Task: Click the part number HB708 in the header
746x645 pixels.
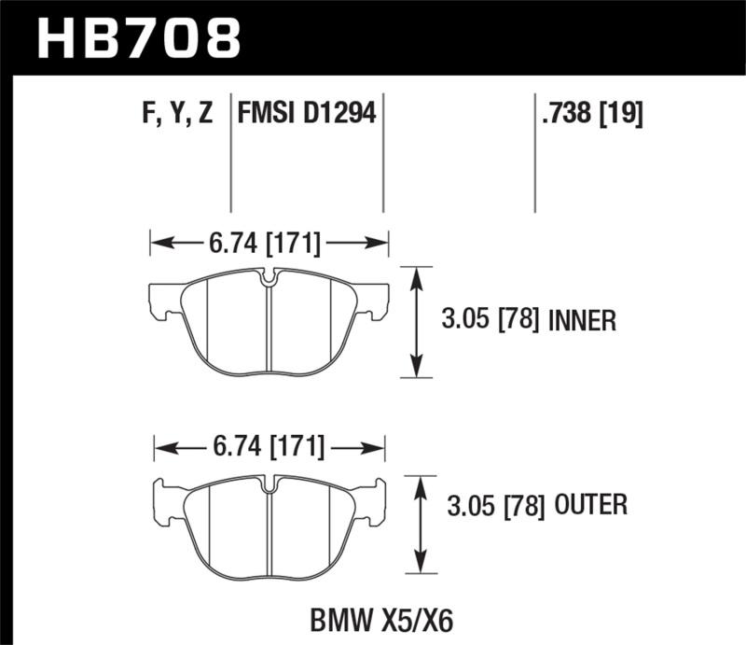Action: click(138, 39)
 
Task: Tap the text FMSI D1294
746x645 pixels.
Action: click(307, 115)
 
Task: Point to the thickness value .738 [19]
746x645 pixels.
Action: click(591, 115)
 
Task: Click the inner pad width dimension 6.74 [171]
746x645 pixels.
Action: click(269, 245)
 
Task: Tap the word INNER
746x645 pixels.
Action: click(583, 322)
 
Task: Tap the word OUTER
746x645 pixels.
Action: click(591, 507)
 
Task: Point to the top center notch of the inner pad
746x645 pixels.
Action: click(269, 277)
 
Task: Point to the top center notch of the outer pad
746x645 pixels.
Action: click(270, 484)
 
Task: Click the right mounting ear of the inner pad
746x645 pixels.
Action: click(375, 301)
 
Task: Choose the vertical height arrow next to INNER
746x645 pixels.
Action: click(417, 322)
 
